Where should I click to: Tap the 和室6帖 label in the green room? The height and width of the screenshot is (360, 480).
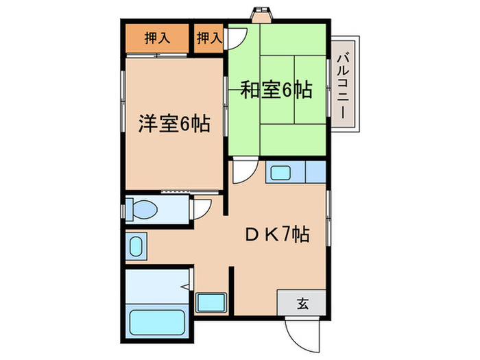(x=276, y=89)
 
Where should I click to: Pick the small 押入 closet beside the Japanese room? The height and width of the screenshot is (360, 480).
(x=208, y=38)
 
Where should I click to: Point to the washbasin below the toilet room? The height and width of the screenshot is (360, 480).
(x=136, y=245)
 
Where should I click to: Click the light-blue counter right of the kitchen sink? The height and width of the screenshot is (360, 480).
(x=315, y=172)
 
